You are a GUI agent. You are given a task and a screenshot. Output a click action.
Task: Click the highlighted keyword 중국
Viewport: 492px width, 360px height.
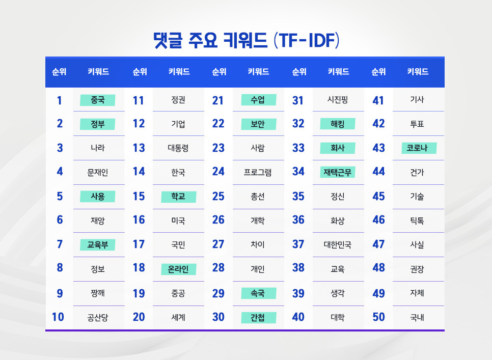97,100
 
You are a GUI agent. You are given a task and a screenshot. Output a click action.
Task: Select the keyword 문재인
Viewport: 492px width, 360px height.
97,173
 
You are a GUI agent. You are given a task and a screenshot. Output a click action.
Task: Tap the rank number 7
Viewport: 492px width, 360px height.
60,244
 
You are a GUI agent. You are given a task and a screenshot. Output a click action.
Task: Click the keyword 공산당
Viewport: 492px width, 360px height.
97,318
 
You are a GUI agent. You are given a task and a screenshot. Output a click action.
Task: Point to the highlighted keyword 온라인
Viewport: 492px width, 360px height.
178,269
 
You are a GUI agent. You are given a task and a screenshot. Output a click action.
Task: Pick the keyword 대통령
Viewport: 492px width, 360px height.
178,148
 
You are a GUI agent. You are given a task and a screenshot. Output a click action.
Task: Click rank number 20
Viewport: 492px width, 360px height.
139,317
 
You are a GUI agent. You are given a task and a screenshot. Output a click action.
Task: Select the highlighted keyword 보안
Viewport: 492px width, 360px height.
258,124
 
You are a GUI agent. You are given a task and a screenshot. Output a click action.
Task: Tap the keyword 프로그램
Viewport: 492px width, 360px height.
258,173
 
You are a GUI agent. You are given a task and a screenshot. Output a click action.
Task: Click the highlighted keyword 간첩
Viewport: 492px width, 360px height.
258,318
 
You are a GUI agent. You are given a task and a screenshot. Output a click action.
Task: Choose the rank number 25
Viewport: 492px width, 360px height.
218,197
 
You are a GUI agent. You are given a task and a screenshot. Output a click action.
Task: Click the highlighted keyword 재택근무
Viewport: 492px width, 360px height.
337,173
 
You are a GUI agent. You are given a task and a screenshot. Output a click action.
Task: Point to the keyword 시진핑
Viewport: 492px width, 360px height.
337,100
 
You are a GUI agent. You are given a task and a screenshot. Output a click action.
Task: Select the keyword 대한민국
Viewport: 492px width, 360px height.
337,245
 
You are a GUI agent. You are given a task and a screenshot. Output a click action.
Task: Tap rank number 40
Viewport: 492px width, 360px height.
298,317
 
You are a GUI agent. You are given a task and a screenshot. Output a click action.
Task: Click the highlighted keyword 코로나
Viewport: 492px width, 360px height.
418,148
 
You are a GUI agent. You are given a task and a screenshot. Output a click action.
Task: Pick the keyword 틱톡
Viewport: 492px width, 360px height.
417,221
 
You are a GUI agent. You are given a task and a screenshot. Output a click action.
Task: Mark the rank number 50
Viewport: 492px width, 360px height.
378,317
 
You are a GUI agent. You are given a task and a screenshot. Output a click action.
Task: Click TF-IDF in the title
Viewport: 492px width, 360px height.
307,40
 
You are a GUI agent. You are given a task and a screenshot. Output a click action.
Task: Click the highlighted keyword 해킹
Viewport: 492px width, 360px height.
337,124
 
